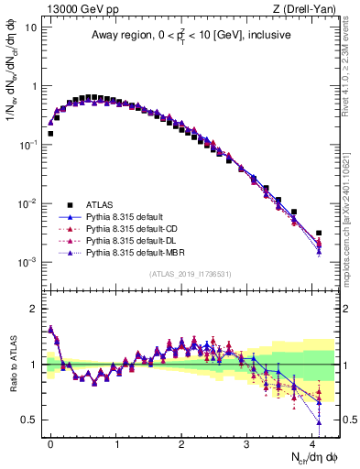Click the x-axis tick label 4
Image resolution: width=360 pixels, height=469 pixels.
pos(311,442)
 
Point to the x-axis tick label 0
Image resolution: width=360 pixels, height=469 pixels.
pos(50,442)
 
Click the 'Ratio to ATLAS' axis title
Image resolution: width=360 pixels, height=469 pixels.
pos(11,364)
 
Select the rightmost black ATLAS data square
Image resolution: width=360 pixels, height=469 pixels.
pos(319,234)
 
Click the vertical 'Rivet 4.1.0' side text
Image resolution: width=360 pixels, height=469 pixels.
pos(341,82)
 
